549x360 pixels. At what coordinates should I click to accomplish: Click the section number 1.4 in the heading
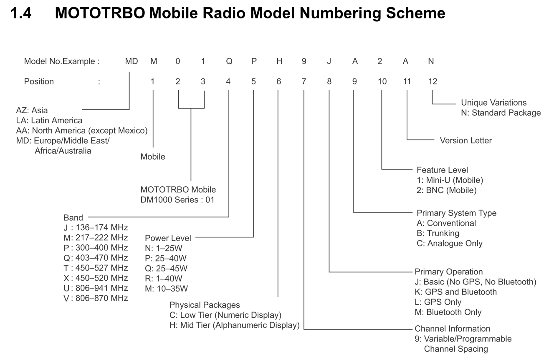pos(21,13)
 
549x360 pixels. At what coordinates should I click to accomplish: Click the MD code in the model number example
pos(132,61)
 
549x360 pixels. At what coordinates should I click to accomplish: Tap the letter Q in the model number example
pos(229,61)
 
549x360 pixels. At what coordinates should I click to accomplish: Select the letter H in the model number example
pos(279,61)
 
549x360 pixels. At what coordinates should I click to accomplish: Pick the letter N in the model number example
pos(431,61)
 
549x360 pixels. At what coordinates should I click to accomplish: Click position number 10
pos(382,81)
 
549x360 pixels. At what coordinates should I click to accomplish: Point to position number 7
pos(304,81)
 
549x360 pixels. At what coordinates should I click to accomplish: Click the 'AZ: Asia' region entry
pos(32,110)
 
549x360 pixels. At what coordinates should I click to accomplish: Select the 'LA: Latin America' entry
pos(49,120)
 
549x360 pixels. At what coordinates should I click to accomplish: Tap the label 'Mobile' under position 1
pos(153,157)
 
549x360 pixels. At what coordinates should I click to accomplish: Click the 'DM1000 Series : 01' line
pos(177,200)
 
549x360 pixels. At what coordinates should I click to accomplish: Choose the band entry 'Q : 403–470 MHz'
pos(96,258)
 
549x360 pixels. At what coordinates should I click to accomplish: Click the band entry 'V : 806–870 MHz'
pos(96,298)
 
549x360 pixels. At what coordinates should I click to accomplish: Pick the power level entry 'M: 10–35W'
pos(167,289)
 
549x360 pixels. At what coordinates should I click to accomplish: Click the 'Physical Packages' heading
pos(205,305)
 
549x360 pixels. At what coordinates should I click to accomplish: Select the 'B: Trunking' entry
pos(438,233)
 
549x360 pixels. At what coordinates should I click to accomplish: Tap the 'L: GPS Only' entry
pos(438,302)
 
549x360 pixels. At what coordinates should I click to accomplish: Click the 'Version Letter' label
pos(466,140)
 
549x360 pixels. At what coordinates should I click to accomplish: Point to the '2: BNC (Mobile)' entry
pos(447,190)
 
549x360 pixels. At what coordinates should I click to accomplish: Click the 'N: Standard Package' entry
pos(501,113)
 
